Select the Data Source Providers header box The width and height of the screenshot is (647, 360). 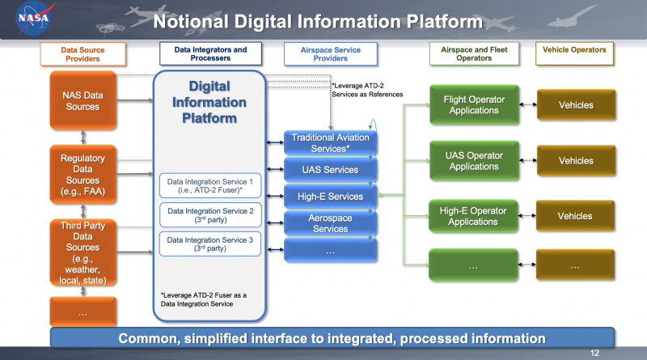[82, 54]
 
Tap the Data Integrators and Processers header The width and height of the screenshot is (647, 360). [210, 54]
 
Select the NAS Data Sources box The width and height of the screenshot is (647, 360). [82, 101]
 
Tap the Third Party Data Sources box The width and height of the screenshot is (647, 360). [82, 252]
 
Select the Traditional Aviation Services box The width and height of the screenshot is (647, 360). [330, 143]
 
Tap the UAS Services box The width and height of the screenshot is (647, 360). [330, 169]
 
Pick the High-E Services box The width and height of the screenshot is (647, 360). [330, 196]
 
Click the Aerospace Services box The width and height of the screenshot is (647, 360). [330, 223]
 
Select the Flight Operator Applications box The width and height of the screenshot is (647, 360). [474, 105]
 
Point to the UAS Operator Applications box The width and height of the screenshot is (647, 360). [474, 161]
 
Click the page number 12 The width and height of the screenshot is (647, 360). [595, 353]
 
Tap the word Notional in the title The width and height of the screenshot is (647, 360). [193, 20]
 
